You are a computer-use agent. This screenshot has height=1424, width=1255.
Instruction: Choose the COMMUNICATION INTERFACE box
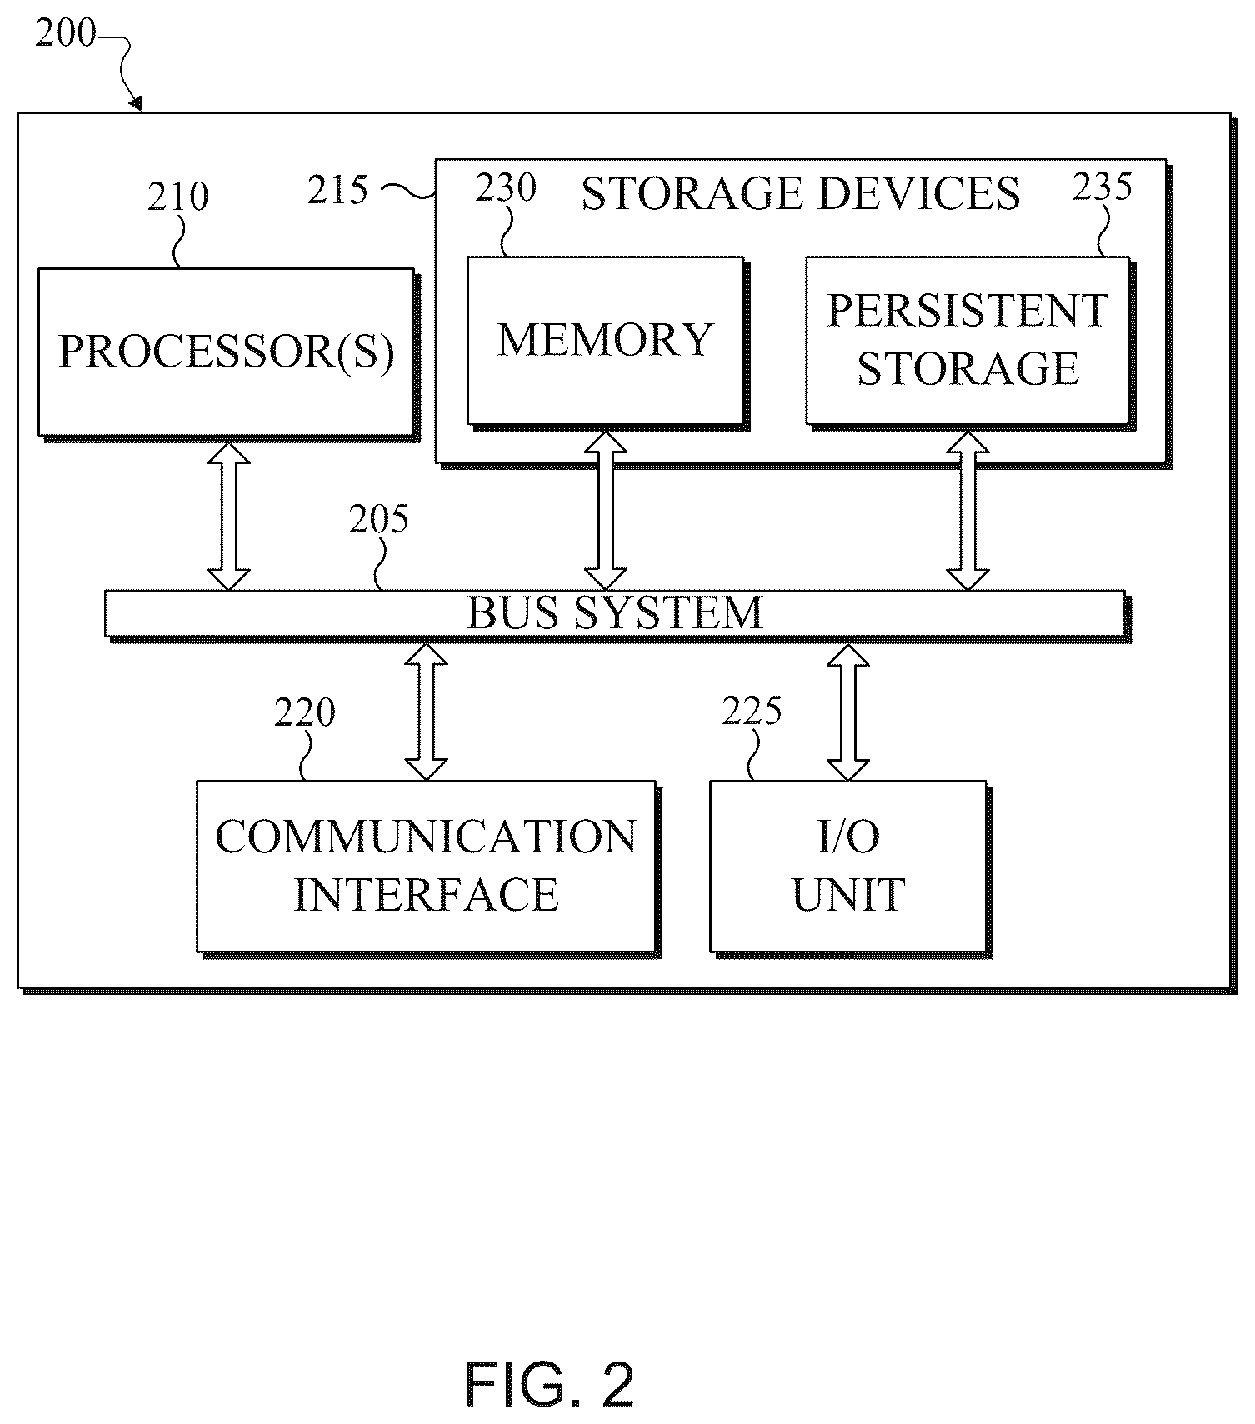pyautogui.click(x=426, y=866)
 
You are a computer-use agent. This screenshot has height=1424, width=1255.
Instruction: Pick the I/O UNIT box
pyautogui.click(x=848, y=866)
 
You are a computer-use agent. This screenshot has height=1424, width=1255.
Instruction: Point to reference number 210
pyautogui.click(x=178, y=197)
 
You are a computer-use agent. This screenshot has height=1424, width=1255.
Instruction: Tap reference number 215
pyautogui.click(x=337, y=191)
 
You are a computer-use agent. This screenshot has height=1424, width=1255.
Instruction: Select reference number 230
pyautogui.click(x=506, y=188)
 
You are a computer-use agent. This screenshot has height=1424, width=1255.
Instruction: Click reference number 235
pyautogui.click(x=1102, y=187)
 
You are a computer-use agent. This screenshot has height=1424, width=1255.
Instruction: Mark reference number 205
pyautogui.click(x=378, y=520)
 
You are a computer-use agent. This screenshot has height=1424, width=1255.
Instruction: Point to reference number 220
pyautogui.click(x=305, y=713)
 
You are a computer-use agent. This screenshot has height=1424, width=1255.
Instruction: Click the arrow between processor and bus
pyautogui.click(x=228, y=516)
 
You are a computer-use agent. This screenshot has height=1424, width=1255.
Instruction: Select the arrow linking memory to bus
pyautogui.click(x=606, y=510)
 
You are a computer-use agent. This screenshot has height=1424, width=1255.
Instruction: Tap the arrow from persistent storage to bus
pyautogui.click(x=967, y=510)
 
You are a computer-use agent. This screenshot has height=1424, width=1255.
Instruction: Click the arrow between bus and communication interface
pyautogui.click(x=426, y=712)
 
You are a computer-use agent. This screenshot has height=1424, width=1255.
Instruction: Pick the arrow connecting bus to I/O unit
pyautogui.click(x=848, y=712)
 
